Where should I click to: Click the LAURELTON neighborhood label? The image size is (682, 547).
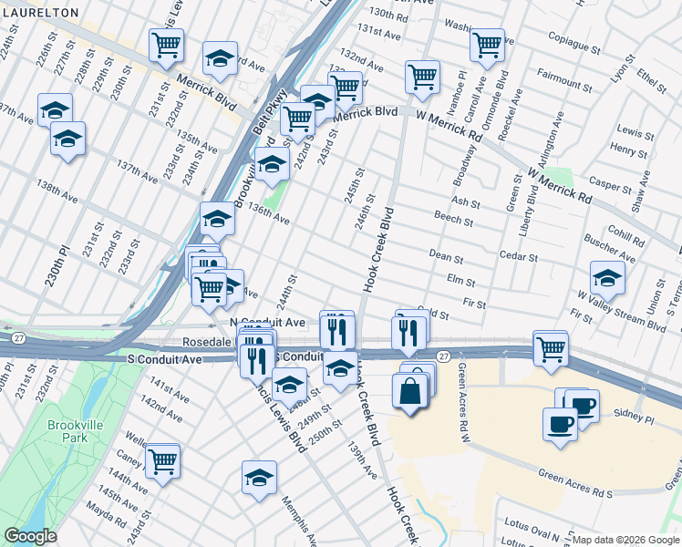pyautogui.click(x=39, y=13)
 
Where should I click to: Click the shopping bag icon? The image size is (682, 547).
pyautogui.click(x=409, y=392)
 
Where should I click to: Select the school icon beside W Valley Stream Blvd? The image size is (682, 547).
pyautogui.click(x=607, y=278)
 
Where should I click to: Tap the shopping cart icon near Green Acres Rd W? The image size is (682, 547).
pyautogui.click(x=551, y=348)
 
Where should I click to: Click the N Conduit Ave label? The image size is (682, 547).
pyautogui.click(x=267, y=323)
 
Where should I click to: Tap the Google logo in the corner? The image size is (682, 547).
pyautogui.click(x=30, y=536)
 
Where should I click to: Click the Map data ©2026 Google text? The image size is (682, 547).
pyautogui.click(x=625, y=540)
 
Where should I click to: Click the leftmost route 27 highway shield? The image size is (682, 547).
pyautogui.click(x=20, y=337)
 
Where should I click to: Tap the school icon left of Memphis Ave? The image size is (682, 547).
pyautogui.click(x=259, y=477)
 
